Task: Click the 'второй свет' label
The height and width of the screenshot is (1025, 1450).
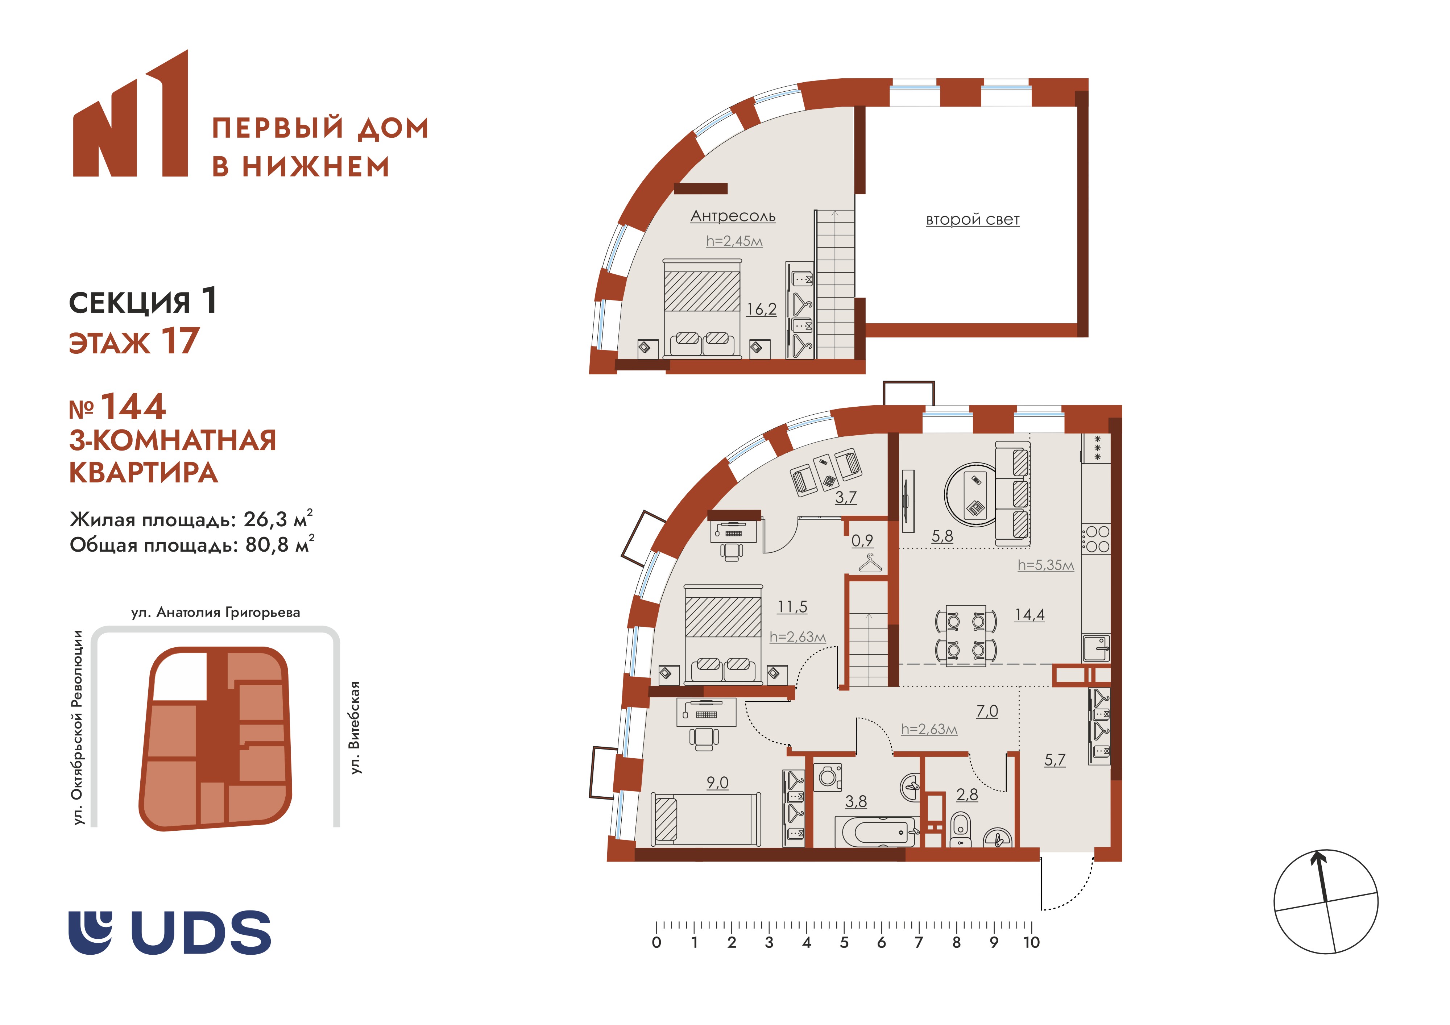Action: [973, 220]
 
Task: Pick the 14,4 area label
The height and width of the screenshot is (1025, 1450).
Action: [1029, 614]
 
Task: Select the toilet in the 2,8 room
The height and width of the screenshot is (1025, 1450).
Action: [960, 829]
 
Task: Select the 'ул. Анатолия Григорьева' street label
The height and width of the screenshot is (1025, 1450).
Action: [215, 613]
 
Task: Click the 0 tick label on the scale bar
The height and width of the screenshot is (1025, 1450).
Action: [657, 942]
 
